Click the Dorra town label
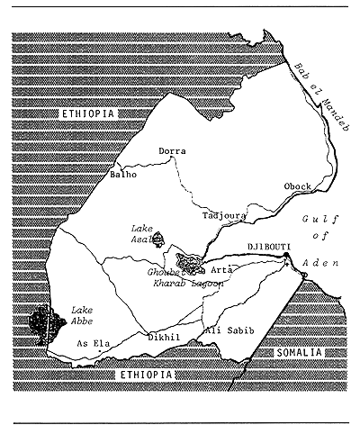(172, 151)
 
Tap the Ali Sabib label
(231, 331)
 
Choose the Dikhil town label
(161, 338)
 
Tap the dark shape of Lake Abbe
(41, 321)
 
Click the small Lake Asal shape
(158, 240)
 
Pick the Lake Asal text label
(144, 235)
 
